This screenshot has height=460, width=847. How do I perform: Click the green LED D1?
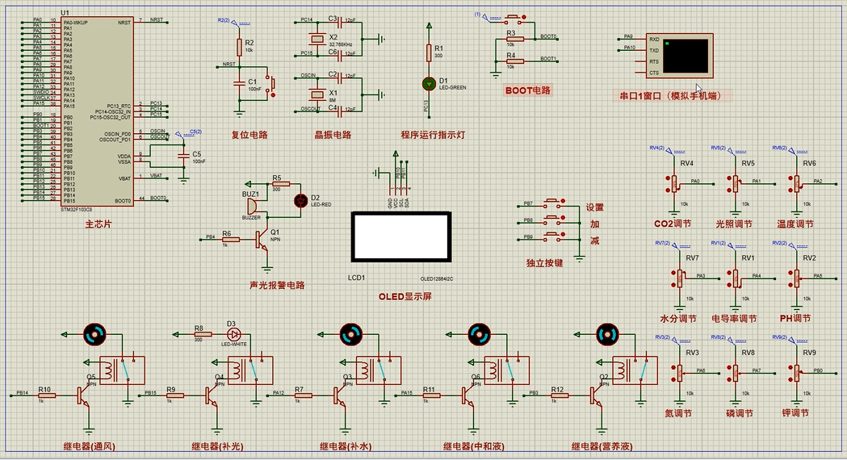pyautogui.click(x=429, y=83)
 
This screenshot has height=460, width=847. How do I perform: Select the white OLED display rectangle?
pyautogui.click(x=399, y=236)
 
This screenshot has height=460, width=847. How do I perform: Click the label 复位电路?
pyautogui.click(x=249, y=135)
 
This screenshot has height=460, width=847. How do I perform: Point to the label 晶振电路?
pyautogui.click(x=333, y=135)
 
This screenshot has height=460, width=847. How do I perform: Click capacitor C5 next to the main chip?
pyautogui.click(x=184, y=155)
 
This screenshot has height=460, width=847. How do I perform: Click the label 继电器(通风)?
pyautogui.click(x=90, y=445)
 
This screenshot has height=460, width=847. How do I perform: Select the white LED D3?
pyautogui.click(x=235, y=333)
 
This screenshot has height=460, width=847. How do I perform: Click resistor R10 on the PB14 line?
pyautogui.click(x=44, y=395)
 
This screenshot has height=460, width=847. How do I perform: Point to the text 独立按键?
pyautogui.click(x=544, y=262)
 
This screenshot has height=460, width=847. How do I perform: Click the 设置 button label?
pyautogui.click(x=595, y=207)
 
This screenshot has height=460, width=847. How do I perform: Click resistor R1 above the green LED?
pyautogui.click(x=429, y=52)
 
